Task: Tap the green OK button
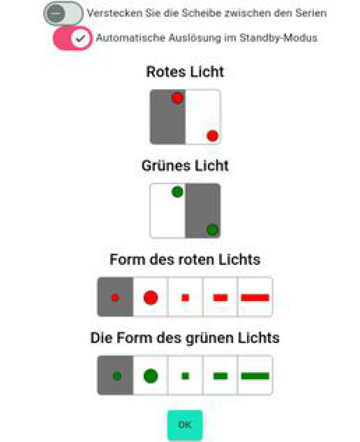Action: [184, 425]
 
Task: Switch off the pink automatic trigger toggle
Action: [72, 38]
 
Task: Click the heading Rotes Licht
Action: [185, 71]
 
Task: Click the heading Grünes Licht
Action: [185, 165]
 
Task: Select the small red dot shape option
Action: [115, 297]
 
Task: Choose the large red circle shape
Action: [150, 297]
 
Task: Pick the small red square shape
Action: [185, 297]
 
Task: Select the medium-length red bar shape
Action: [220, 297]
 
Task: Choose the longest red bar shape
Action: [255, 297]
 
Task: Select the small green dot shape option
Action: [117, 376]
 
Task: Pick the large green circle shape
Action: [150, 376]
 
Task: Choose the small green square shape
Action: [185, 376]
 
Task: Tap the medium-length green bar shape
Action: [220, 376]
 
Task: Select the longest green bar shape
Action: [255, 376]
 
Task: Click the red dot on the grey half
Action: [177, 98]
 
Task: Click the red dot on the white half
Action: [213, 136]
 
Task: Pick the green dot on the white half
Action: [177, 192]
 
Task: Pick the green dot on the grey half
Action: [212, 230]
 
